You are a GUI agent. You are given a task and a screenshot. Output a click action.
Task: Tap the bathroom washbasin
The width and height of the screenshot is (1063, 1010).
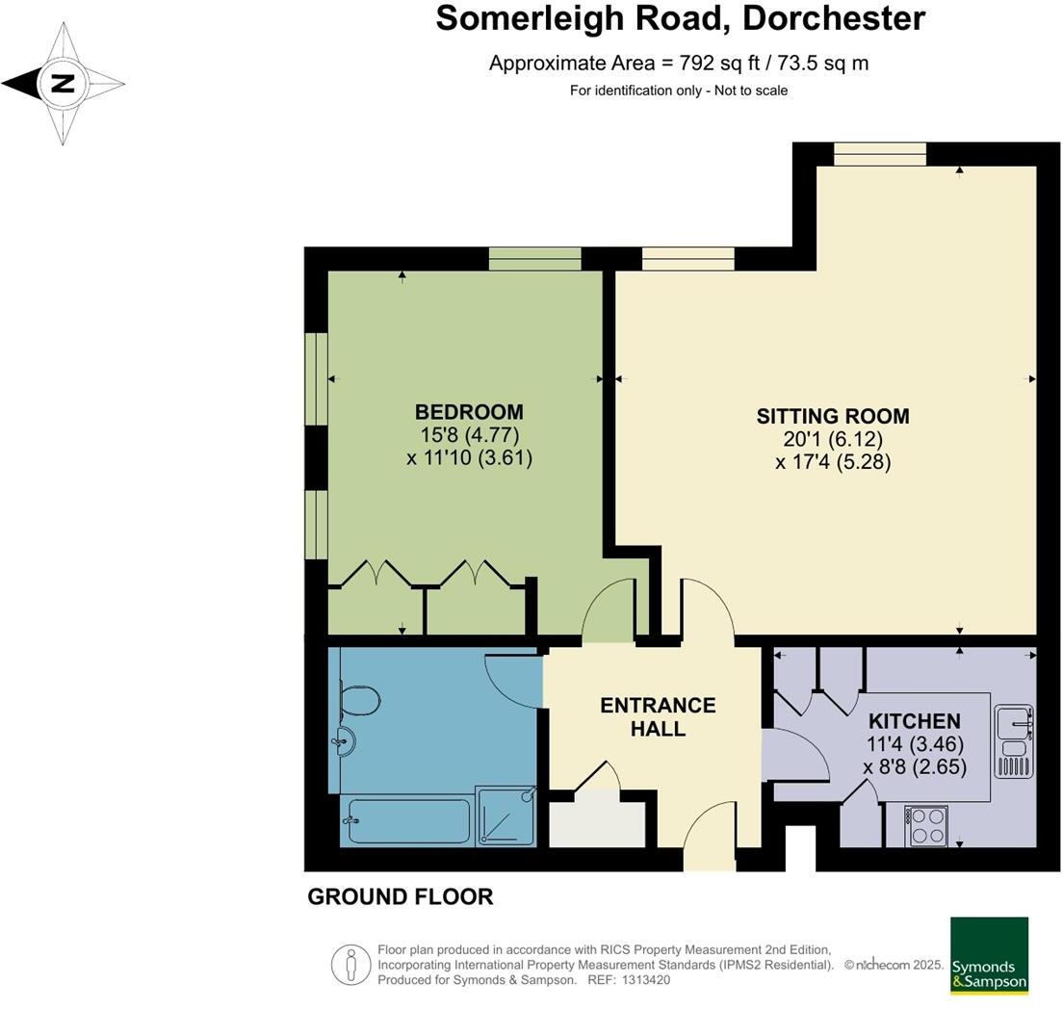[345, 742]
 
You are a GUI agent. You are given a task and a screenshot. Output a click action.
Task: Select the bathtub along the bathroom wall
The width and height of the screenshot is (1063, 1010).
[406, 821]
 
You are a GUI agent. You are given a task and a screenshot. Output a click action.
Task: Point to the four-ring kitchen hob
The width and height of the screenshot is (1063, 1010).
[927, 824]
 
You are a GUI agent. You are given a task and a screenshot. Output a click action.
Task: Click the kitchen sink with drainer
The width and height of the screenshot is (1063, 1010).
[1013, 739]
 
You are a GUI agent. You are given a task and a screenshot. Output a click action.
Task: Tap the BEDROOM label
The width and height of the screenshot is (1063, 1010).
[469, 412]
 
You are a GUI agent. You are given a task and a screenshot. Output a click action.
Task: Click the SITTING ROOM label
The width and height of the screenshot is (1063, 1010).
[833, 416]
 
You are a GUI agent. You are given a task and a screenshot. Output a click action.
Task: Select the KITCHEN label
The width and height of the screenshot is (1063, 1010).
[915, 721]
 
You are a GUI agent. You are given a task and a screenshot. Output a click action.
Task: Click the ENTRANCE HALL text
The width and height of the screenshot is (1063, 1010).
[658, 716]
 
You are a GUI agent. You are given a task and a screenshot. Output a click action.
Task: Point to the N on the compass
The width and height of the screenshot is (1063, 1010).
[64, 84]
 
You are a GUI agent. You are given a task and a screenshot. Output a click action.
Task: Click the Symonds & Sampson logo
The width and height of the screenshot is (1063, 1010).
[989, 954]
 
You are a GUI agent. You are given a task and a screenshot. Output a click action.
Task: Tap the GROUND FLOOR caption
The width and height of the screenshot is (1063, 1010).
[400, 897]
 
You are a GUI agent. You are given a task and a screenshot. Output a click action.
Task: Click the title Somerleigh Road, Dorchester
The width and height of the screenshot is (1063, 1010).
[680, 18]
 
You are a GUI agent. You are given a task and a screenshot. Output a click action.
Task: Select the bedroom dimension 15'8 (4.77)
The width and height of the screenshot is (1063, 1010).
[469, 435]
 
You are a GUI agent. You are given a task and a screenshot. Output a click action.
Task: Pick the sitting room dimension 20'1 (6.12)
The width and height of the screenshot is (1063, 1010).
[833, 439]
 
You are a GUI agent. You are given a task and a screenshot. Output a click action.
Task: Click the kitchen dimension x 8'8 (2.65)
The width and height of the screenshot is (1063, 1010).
[915, 767]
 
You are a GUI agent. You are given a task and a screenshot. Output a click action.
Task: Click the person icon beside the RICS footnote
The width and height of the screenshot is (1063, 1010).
[350, 964]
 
